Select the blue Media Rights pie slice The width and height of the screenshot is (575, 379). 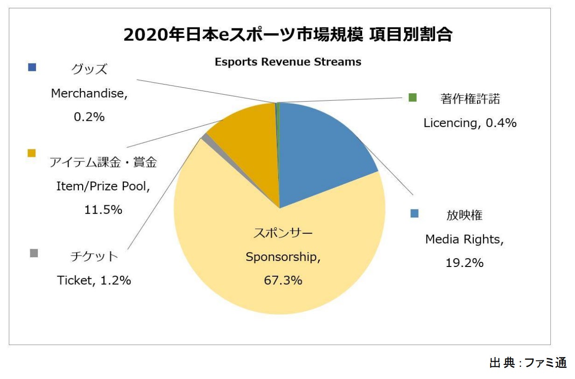322,149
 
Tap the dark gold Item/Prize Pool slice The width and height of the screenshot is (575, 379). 247,140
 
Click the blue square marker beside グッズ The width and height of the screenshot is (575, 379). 32,67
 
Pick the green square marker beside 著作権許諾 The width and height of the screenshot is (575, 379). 412,98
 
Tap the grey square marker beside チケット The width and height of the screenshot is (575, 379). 34,253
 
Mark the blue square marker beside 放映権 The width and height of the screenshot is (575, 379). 414,213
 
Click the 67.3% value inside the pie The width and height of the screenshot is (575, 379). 283,280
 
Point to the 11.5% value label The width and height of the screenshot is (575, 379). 103,210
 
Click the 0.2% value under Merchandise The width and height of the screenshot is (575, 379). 89,117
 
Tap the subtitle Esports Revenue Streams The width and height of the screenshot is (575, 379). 287,62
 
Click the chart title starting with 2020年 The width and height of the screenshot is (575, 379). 287,35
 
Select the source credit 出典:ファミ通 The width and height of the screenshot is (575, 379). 527,363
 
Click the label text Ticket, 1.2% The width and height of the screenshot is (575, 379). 94,280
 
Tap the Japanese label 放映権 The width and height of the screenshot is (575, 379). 464,216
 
